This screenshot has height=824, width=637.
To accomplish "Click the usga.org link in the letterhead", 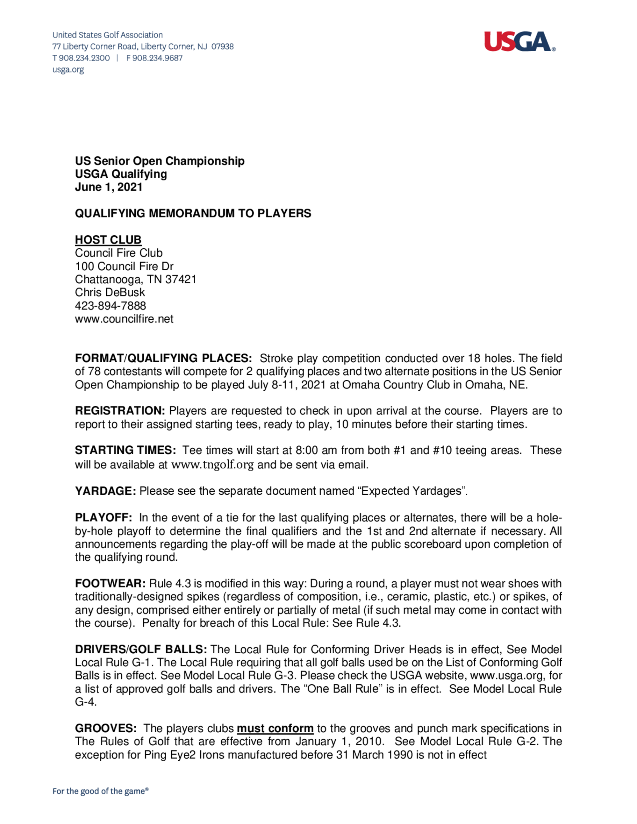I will [x=68, y=70].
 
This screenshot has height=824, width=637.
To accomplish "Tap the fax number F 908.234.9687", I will [x=154, y=58].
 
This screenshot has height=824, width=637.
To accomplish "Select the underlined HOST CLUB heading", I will [x=108, y=240].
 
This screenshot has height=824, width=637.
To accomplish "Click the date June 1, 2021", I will [x=109, y=187].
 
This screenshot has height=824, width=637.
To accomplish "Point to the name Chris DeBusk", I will [x=110, y=292].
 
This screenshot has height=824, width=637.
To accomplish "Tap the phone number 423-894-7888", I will [x=110, y=306].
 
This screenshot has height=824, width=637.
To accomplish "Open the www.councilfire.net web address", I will [x=124, y=319].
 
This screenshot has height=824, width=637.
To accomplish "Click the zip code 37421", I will [x=181, y=280].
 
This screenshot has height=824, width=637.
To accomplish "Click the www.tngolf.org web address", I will [x=212, y=465].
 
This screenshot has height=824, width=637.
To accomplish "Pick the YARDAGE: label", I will [x=105, y=491].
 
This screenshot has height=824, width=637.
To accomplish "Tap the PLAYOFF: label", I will [x=104, y=518].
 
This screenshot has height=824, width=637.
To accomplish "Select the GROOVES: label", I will [x=106, y=728].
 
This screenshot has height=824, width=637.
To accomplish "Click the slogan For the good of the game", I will [x=100, y=791].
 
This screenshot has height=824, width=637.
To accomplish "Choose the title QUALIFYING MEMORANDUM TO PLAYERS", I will [x=193, y=214].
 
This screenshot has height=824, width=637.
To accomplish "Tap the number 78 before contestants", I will [x=94, y=372].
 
